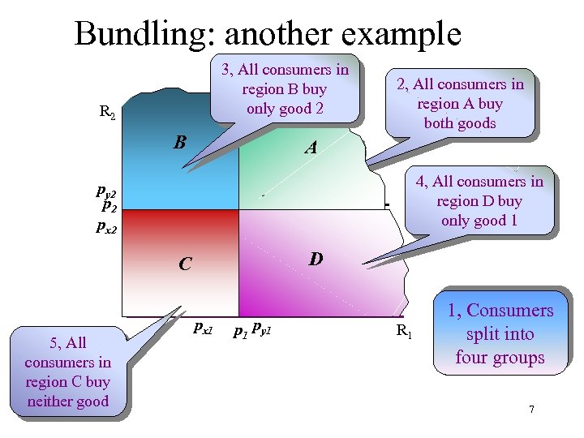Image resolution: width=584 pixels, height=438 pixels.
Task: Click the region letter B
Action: (180, 143)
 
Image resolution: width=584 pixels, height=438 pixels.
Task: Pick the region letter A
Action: (311, 148)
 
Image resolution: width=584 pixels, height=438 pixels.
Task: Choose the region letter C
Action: (186, 264)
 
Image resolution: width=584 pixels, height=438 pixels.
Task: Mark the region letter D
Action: (316, 259)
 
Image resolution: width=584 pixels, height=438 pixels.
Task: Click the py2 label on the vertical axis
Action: (105, 193)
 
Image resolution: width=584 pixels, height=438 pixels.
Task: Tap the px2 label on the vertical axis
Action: (106, 228)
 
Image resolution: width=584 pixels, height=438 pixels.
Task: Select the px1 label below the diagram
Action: (202, 328)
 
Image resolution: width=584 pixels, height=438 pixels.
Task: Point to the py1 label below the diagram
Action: (262, 328)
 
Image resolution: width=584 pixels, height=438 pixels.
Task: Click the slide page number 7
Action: (531, 409)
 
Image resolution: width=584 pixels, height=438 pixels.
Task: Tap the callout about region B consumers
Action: (285, 89)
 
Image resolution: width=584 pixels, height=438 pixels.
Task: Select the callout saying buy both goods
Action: (459, 103)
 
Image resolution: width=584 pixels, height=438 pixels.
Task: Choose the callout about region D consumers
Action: (479, 201)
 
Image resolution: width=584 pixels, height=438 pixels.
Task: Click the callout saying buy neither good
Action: (68, 371)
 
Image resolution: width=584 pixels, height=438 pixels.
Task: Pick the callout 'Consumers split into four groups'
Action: (500, 333)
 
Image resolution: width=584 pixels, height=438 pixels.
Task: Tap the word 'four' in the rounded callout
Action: (474, 358)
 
